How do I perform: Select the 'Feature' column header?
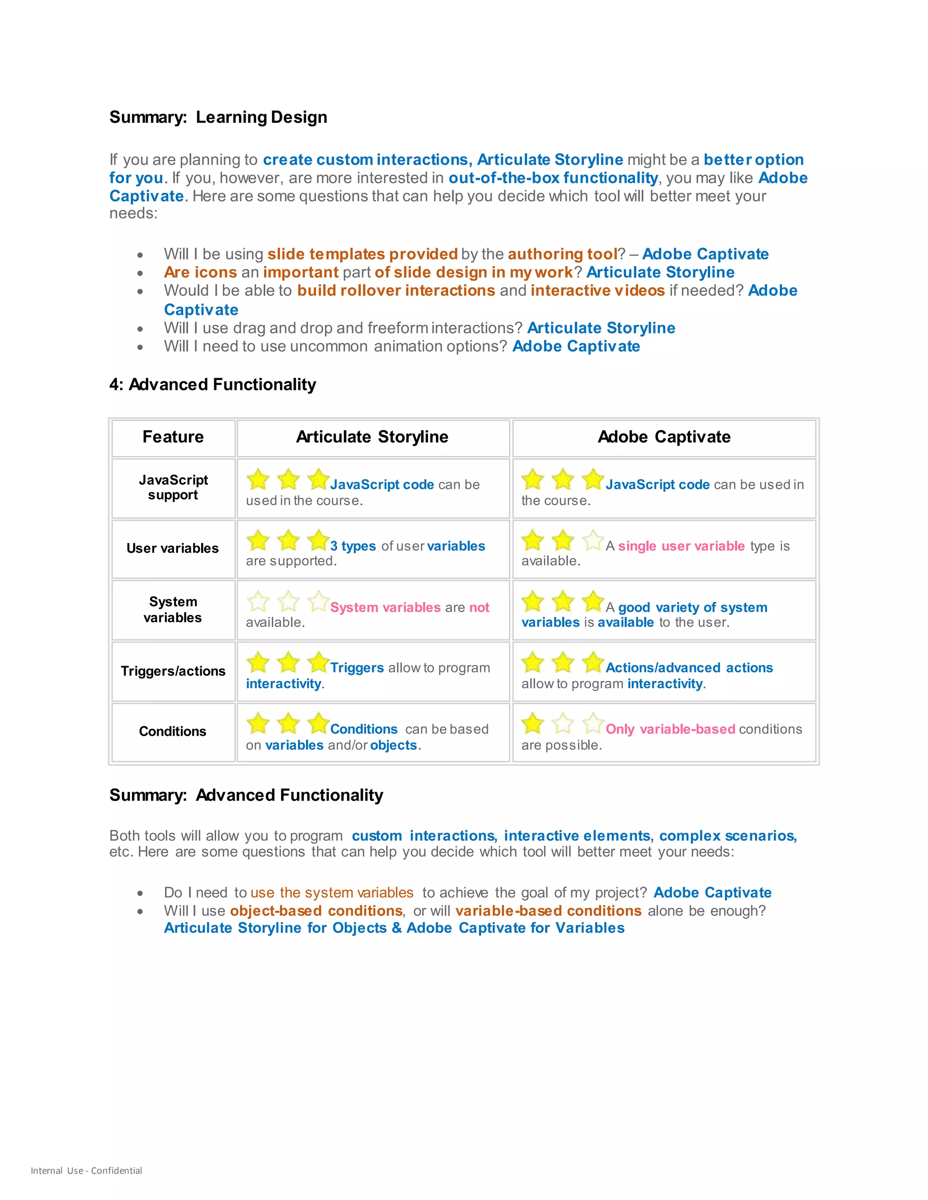[173, 437]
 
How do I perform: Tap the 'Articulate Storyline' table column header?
[372, 437]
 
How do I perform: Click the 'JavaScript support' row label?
[173, 487]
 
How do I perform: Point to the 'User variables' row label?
[173, 548]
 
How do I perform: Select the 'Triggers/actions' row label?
[173, 671]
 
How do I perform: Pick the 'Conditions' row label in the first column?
[173, 731]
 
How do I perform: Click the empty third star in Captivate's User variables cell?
[593, 540]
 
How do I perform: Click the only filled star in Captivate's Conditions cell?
[532, 723]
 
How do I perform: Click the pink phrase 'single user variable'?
[681, 546]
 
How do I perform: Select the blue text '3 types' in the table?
[353, 546]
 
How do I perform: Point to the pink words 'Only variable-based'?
[670, 729]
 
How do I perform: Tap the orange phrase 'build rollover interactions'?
[396, 291]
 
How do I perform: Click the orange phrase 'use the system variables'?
[332, 893]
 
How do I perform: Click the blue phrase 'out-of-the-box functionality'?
[553, 178]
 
